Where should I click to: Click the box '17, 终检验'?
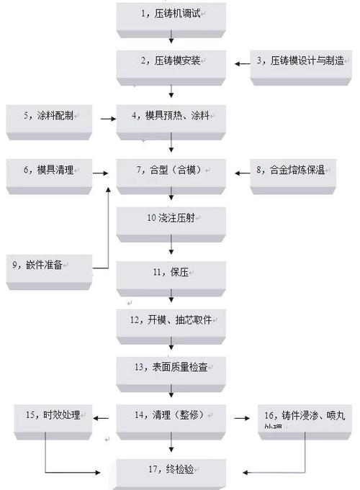pyautogui.click(x=171, y=472)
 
